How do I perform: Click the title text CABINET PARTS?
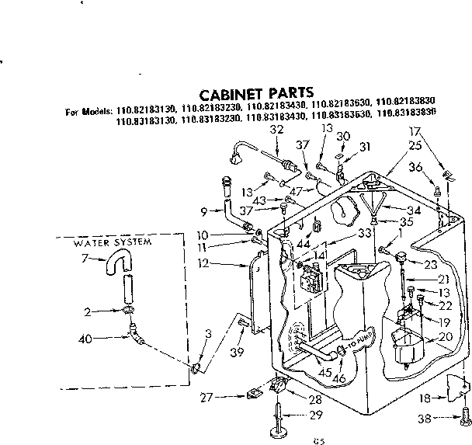256,90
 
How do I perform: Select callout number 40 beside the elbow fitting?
85,338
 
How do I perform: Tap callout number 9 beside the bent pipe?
203,210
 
